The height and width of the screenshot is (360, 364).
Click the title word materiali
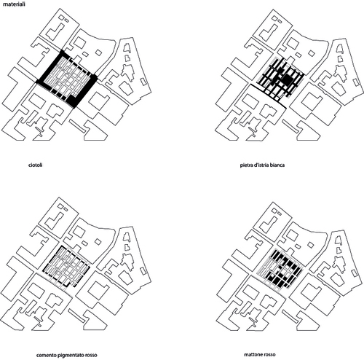click(x=14, y=4)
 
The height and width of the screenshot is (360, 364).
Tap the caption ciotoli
click(x=36, y=165)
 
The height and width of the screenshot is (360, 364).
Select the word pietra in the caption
click(x=246, y=165)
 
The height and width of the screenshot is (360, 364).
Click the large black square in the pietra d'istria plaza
click(x=288, y=79)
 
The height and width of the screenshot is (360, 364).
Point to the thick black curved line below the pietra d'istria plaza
click(x=267, y=95)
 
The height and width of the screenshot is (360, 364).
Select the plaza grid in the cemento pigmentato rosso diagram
click(x=66, y=267)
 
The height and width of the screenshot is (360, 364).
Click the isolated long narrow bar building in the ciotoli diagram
click(x=77, y=126)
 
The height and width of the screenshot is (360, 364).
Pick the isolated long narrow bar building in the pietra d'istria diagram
click(x=290, y=126)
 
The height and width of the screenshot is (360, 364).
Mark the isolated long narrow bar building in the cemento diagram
click(x=76, y=316)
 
